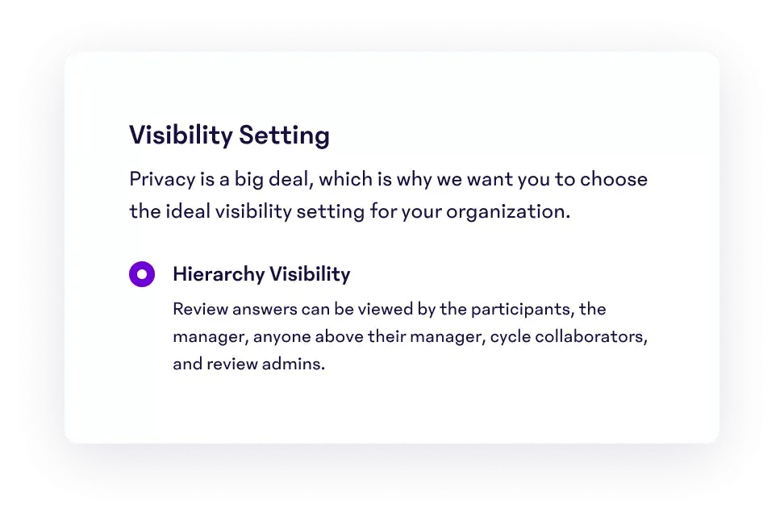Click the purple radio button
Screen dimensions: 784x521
[142, 274]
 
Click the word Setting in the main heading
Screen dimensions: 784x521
[284, 135]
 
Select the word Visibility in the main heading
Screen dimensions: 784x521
[181, 135]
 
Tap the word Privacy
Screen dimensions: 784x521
[162, 180]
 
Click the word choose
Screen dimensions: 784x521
[614, 179]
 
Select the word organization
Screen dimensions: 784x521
[508, 212]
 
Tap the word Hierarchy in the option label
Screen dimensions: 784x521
[219, 274]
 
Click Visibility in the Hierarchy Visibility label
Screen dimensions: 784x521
[310, 274]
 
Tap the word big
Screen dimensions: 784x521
[249, 180]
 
